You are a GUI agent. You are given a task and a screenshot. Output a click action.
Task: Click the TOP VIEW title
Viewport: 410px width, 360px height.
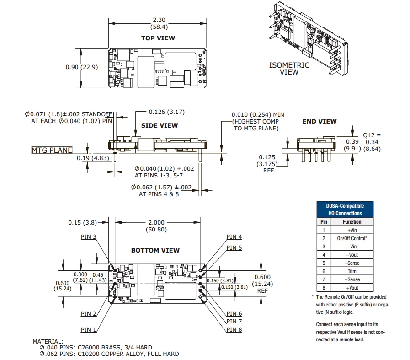pos(158,38)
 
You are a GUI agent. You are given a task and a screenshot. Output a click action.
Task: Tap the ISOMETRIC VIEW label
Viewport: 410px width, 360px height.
pos(289,68)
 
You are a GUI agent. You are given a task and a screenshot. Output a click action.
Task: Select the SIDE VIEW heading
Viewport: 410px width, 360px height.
pos(160,125)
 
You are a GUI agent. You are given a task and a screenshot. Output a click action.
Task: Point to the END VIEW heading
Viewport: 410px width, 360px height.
pos(319,121)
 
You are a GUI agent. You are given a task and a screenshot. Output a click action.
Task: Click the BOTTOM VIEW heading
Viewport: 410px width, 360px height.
pos(155,250)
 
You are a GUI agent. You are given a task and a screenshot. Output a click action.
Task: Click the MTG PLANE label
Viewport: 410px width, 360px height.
pos(52,150)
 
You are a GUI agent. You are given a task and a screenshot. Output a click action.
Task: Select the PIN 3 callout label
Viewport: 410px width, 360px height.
pos(88,236)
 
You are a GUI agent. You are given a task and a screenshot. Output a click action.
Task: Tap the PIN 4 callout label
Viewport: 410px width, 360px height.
pos(234,236)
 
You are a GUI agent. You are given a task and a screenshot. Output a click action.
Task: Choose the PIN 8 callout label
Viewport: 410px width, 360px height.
pos(234,330)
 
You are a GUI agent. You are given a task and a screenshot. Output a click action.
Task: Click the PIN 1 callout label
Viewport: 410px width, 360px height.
pos(89,329)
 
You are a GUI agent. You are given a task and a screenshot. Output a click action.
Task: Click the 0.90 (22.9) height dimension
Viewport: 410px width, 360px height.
pos(82,67)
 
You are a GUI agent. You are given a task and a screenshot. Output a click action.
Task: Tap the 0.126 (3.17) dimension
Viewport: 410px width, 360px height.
pos(166,112)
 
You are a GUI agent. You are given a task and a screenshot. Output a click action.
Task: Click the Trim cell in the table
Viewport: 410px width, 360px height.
pos(352,271)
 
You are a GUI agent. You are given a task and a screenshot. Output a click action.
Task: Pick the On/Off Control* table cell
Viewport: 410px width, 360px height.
pos(352,238)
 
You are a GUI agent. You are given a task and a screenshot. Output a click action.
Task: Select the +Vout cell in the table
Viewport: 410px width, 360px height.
pos(352,288)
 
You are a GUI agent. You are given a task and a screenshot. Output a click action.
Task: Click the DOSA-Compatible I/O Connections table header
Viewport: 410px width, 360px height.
pos(345,210)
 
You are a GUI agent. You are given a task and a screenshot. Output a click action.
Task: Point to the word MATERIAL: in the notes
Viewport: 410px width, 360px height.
pos(48,341)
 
